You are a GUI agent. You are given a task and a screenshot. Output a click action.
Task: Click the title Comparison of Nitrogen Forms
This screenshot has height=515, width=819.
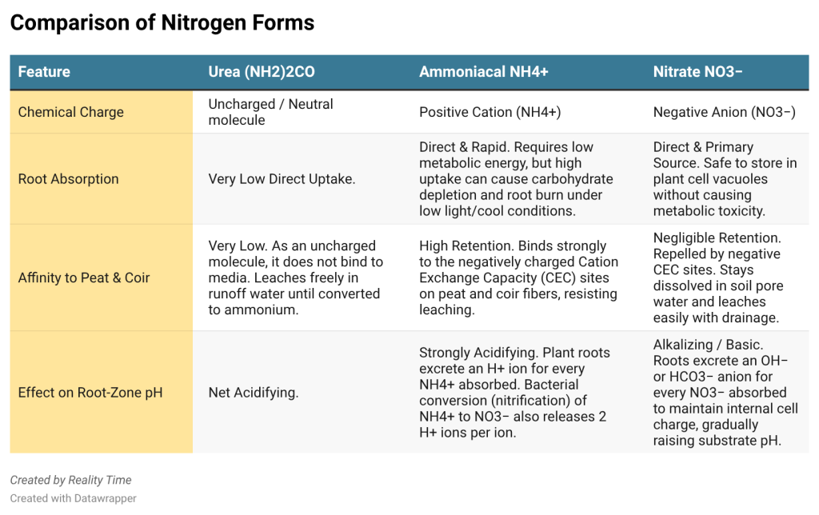[162, 23]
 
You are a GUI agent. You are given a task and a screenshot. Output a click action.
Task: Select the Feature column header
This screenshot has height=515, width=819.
[44, 71]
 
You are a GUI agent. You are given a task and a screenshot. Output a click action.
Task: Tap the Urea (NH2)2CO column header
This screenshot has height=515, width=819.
[262, 71]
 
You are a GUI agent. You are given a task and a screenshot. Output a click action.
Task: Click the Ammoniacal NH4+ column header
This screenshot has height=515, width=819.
[484, 71]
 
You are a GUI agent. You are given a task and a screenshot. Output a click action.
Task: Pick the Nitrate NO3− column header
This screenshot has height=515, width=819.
[697, 71]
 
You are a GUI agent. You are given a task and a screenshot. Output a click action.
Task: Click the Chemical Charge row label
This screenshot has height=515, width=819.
[71, 112]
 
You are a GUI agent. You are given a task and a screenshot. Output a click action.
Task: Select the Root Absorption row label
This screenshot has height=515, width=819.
[69, 179]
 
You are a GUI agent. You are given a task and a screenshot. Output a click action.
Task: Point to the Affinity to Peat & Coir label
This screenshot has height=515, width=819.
[84, 277]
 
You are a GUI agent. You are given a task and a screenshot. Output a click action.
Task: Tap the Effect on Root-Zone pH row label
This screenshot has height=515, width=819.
[90, 393]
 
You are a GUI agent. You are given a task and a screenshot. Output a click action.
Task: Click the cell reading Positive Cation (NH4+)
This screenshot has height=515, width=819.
[490, 112]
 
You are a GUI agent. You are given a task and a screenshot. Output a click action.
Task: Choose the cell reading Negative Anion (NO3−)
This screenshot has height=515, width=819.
[725, 112]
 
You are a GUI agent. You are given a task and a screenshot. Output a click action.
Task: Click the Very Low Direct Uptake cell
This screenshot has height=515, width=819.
[282, 179]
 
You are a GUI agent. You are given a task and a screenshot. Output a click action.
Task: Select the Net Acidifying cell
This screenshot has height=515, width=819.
[254, 393]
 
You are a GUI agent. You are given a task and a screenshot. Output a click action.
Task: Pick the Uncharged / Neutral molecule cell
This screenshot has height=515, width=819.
[270, 112]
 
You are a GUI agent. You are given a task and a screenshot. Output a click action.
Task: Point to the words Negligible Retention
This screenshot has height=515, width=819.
[717, 238]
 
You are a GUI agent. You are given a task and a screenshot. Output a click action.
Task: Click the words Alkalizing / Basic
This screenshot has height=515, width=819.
[708, 345]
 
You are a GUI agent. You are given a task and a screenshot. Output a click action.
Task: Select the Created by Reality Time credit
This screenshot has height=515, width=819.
[70, 480]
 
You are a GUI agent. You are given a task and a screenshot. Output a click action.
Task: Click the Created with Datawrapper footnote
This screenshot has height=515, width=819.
[73, 498]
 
